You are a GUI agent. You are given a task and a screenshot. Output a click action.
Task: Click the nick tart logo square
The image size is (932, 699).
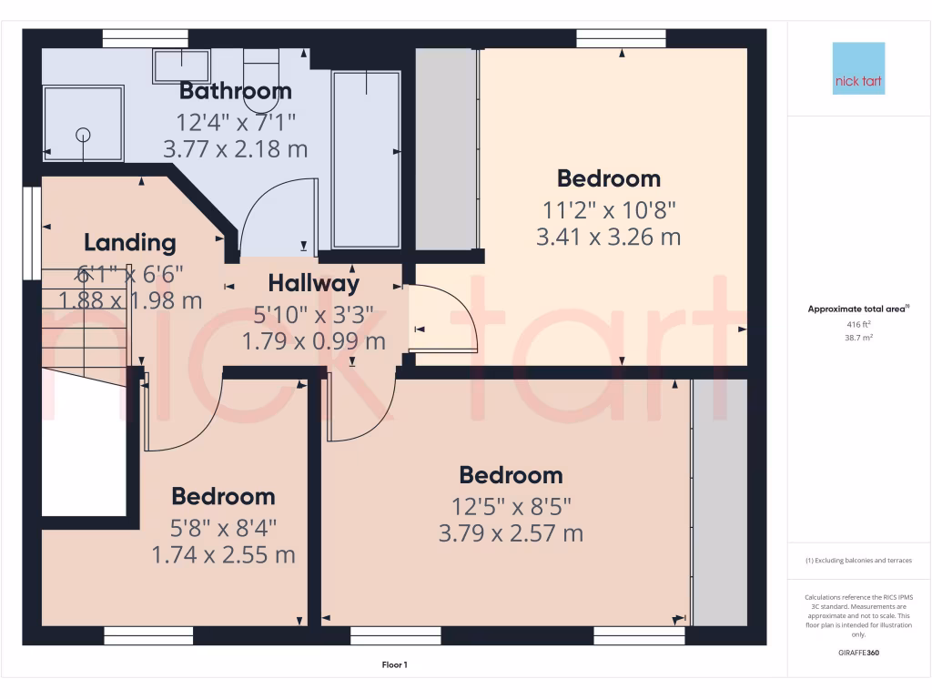point(858,68)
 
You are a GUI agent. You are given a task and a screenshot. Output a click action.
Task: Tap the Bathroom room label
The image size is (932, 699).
point(235,91)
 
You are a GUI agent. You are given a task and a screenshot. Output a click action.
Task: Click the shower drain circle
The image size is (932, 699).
point(84,135)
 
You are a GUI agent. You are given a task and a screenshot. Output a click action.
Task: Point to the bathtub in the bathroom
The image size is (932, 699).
point(366,159)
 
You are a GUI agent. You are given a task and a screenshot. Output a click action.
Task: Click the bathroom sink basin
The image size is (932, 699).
point(180,66)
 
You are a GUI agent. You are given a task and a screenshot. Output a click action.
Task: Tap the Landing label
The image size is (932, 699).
point(129,243)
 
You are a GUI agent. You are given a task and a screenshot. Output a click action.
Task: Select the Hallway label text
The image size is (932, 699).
point(313,284)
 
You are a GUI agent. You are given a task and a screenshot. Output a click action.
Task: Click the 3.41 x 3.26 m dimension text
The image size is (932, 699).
point(609,238)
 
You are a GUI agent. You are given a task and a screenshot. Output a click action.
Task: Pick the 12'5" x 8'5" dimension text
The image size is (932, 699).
point(511,505)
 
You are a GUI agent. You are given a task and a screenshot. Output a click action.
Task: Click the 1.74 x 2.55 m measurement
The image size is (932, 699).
point(223,554)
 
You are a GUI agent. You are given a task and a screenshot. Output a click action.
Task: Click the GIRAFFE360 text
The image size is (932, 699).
point(858,653)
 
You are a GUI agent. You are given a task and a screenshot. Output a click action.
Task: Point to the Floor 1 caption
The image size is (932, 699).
point(393,665)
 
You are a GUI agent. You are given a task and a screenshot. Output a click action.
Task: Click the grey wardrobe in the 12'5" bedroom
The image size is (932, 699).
point(719,501)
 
